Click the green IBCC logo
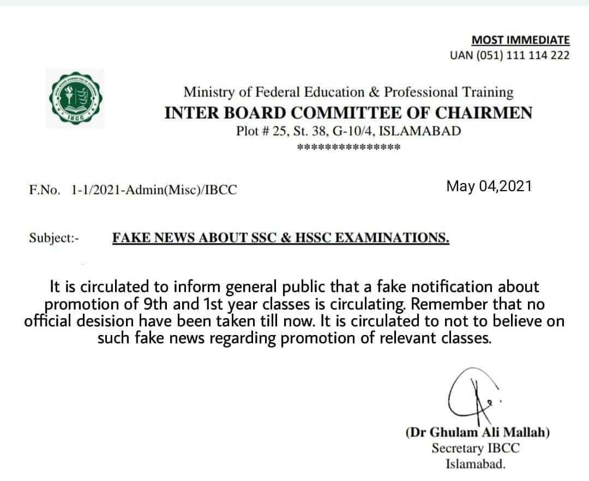click(74, 98)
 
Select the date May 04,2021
click(489, 186)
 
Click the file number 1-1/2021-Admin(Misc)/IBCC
click(154, 190)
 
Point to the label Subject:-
click(54, 238)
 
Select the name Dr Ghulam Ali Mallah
click(478, 433)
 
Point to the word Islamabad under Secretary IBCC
click(476, 465)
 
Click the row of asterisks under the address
click(348, 148)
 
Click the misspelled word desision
click(124, 321)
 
